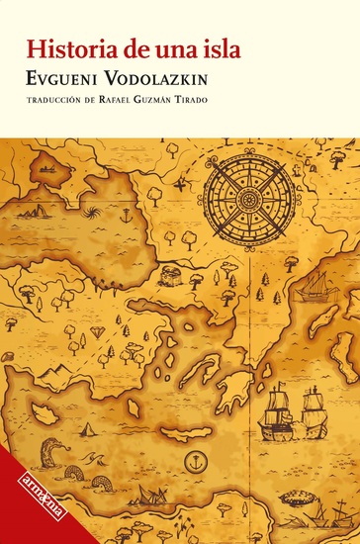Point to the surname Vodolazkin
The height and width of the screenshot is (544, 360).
tap(181, 78)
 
